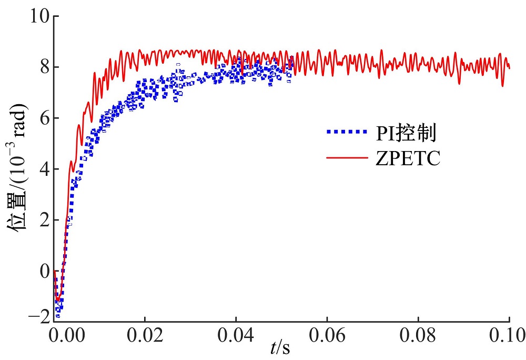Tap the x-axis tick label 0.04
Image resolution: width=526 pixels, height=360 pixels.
(236, 335)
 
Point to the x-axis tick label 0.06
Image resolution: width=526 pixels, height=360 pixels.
(327, 335)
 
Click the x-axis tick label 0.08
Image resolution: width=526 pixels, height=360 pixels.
(418, 335)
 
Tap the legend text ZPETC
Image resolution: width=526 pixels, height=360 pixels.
(408, 158)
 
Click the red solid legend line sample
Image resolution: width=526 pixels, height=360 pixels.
(346, 157)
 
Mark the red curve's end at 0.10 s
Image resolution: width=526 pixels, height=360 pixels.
(510, 68)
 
